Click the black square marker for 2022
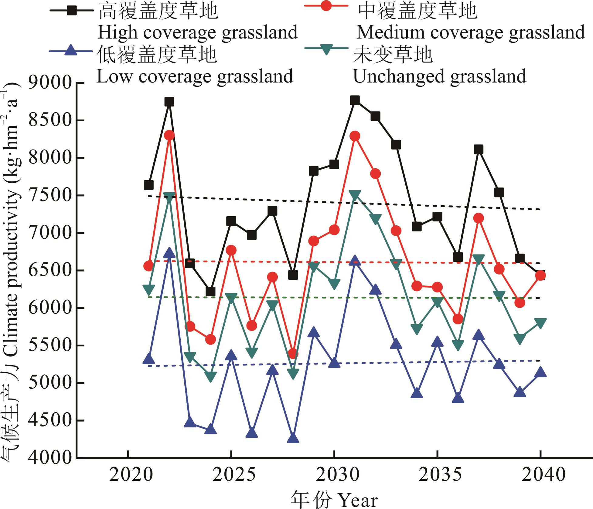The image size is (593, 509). pyautogui.click(x=169, y=102)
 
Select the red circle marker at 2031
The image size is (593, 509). pyautogui.click(x=355, y=136)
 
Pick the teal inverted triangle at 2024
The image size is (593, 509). pyautogui.click(x=210, y=376)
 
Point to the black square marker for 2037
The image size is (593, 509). pyautogui.click(x=479, y=150)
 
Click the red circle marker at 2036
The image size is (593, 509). pyautogui.click(x=458, y=319)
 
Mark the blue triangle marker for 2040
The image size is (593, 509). pyautogui.click(x=540, y=372)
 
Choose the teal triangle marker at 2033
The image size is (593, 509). pyautogui.click(x=396, y=264)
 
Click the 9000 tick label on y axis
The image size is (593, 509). pyautogui.click(x=50, y=83)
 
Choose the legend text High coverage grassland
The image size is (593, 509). pyautogui.click(x=197, y=33)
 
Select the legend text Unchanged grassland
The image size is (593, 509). pyautogui.click(x=439, y=76)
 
